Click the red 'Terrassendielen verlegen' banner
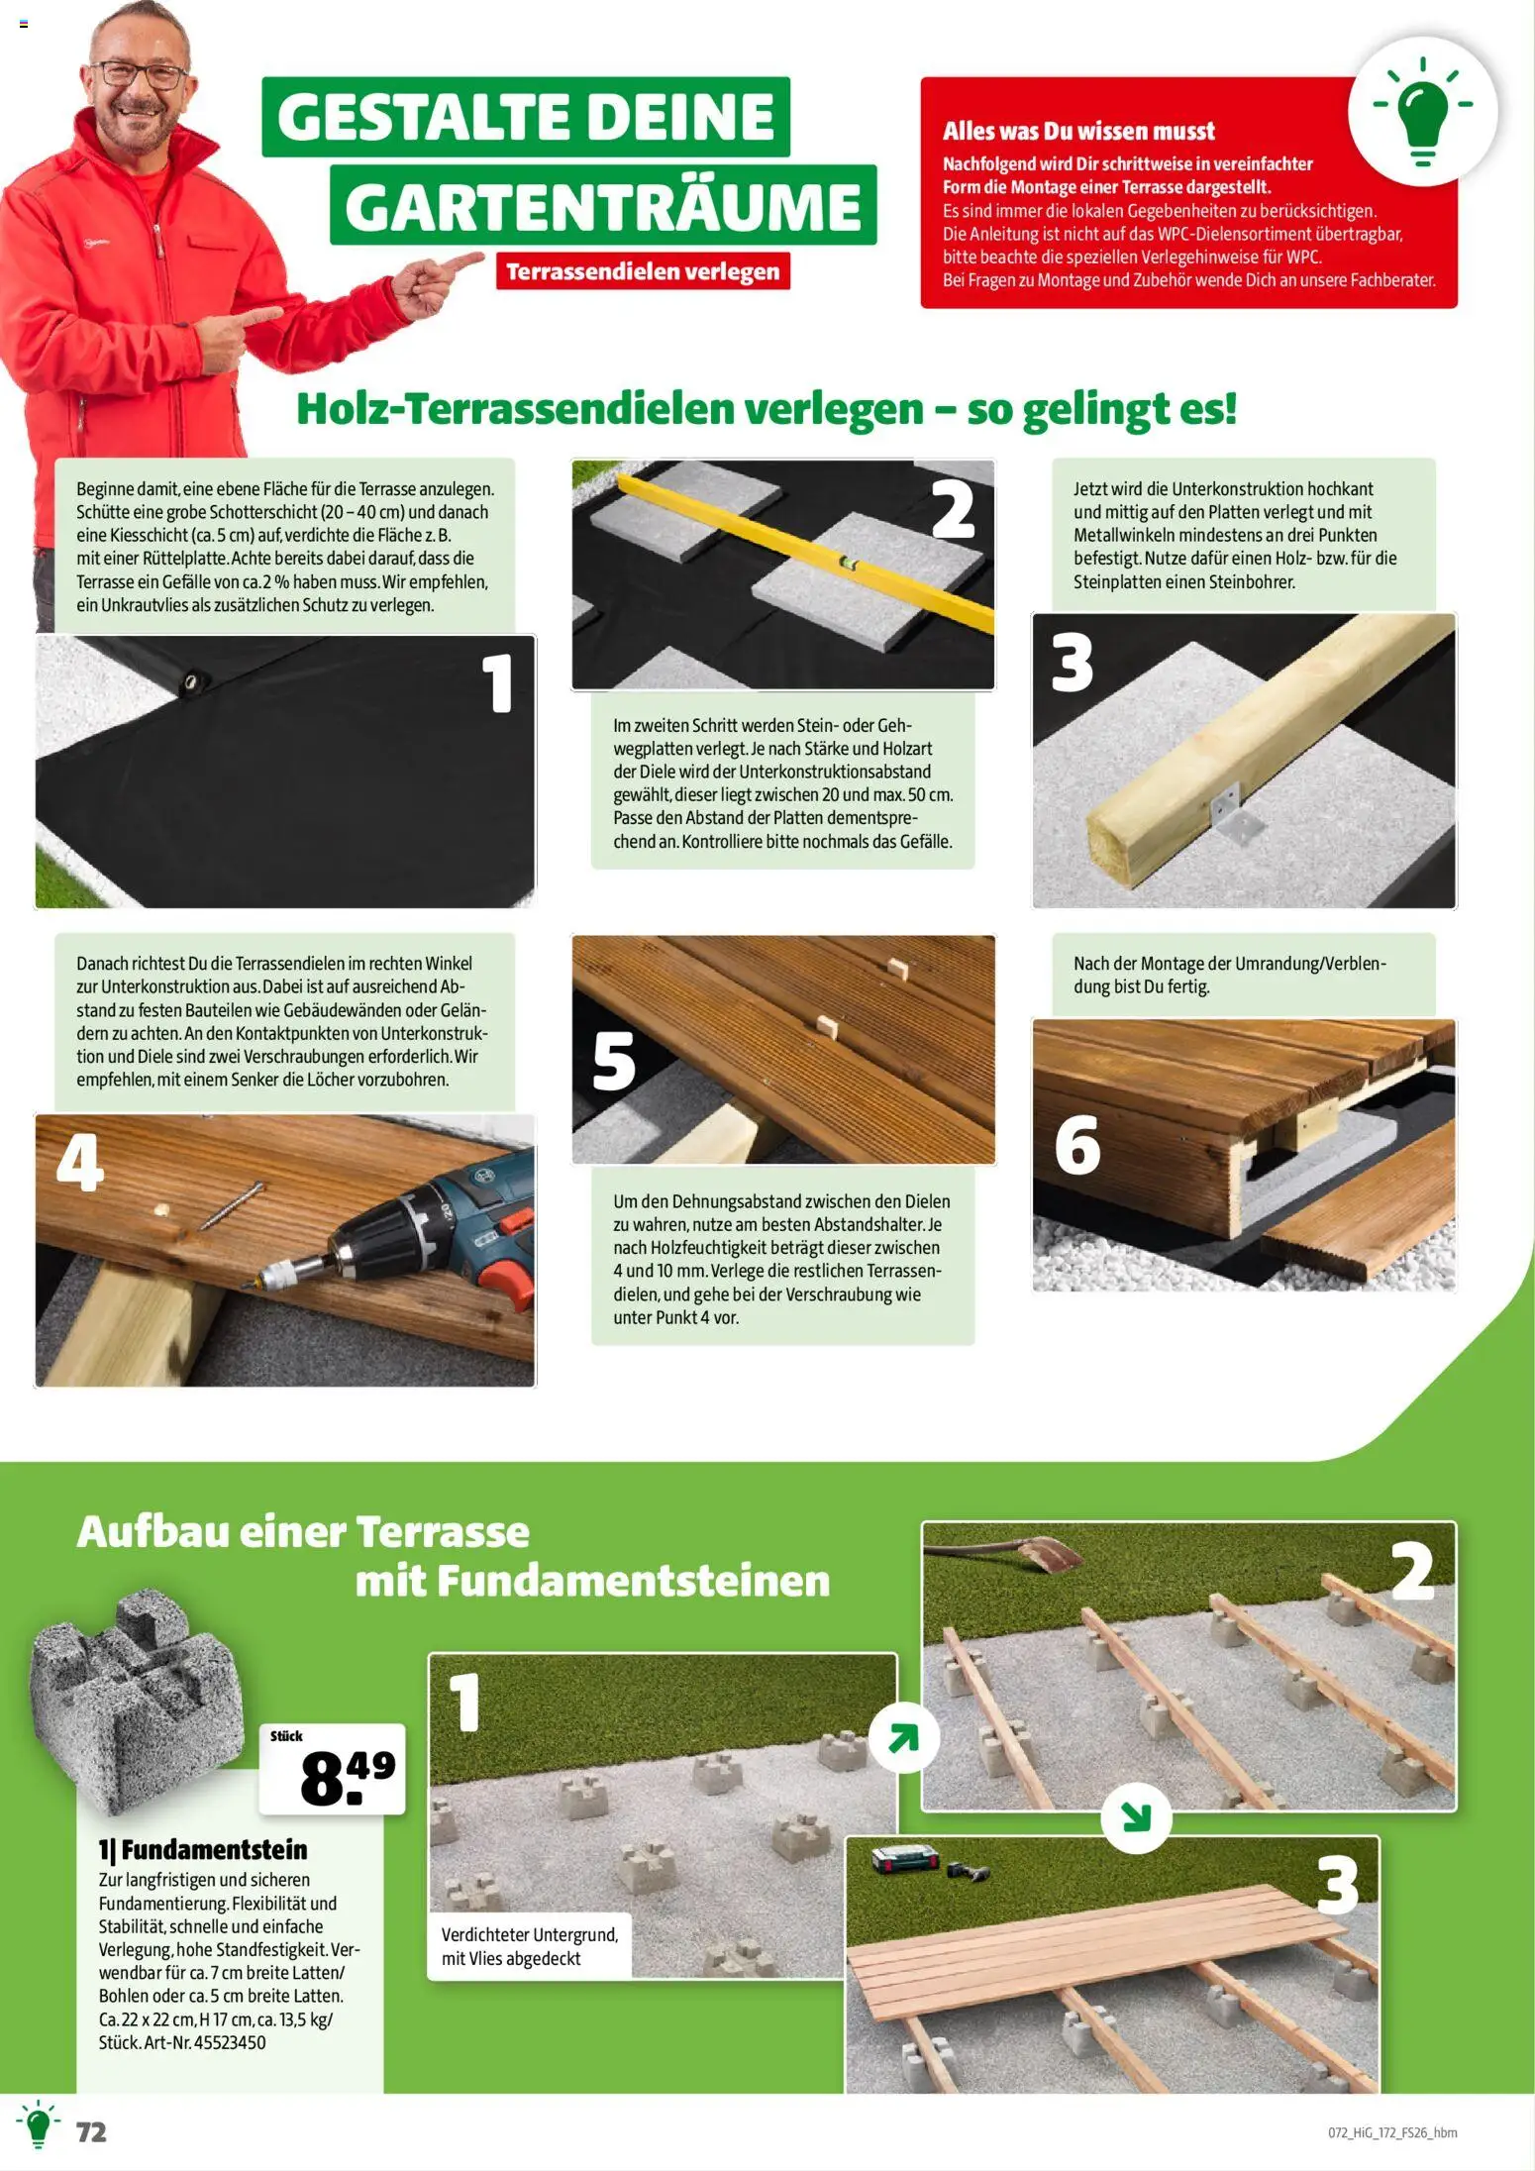(642, 271)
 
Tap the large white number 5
(614, 1061)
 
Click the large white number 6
(1077, 1146)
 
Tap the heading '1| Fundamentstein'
(203, 1849)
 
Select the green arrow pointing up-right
(903, 1737)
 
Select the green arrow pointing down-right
(1136, 1816)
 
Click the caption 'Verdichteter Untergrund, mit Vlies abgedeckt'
(529, 1946)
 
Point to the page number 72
(91, 2132)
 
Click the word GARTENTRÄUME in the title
(602, 206)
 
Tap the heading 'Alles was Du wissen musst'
(1077, 131)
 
